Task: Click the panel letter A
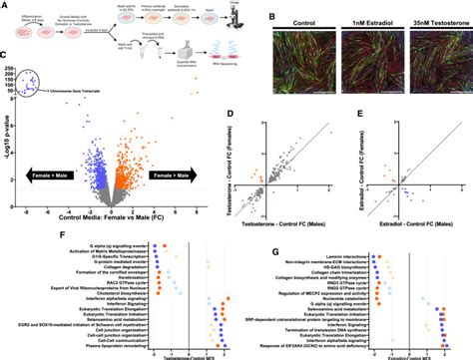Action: (5, 5)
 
